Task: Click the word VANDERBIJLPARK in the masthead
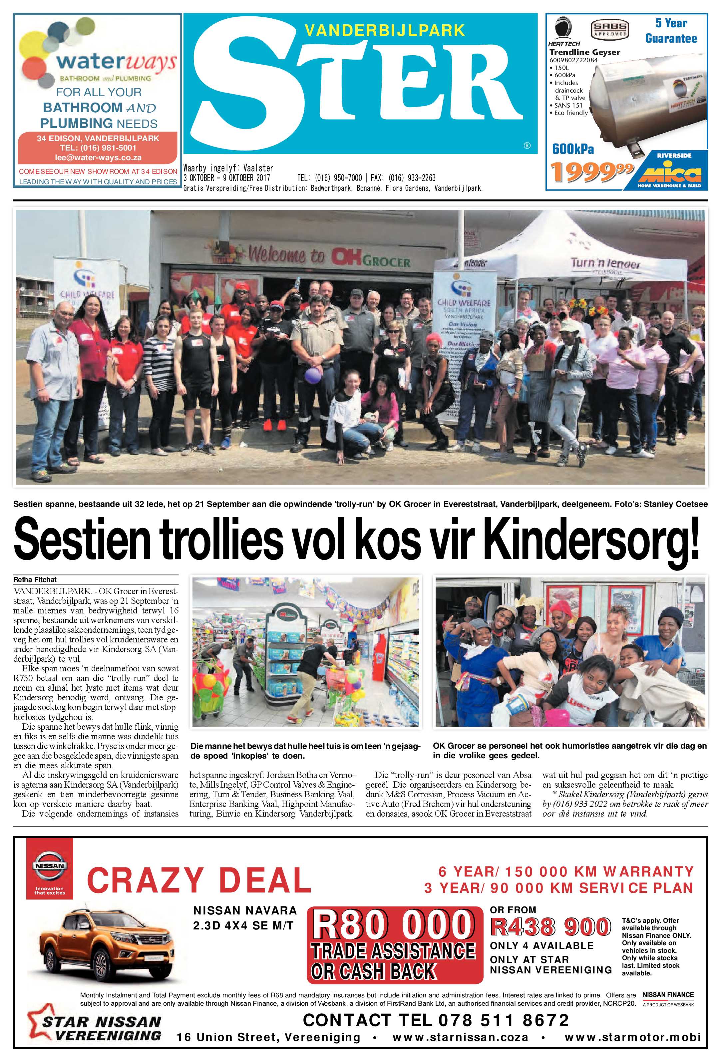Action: click(385, 31)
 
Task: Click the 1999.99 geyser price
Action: click(592, 172)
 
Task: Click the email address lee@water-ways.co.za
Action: click(98, 158)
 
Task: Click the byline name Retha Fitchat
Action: click(35, 579)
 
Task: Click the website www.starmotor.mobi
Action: click(632, 1037)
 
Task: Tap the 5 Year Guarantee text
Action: click(671, 31)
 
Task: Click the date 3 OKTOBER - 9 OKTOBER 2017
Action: click(227, 178)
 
